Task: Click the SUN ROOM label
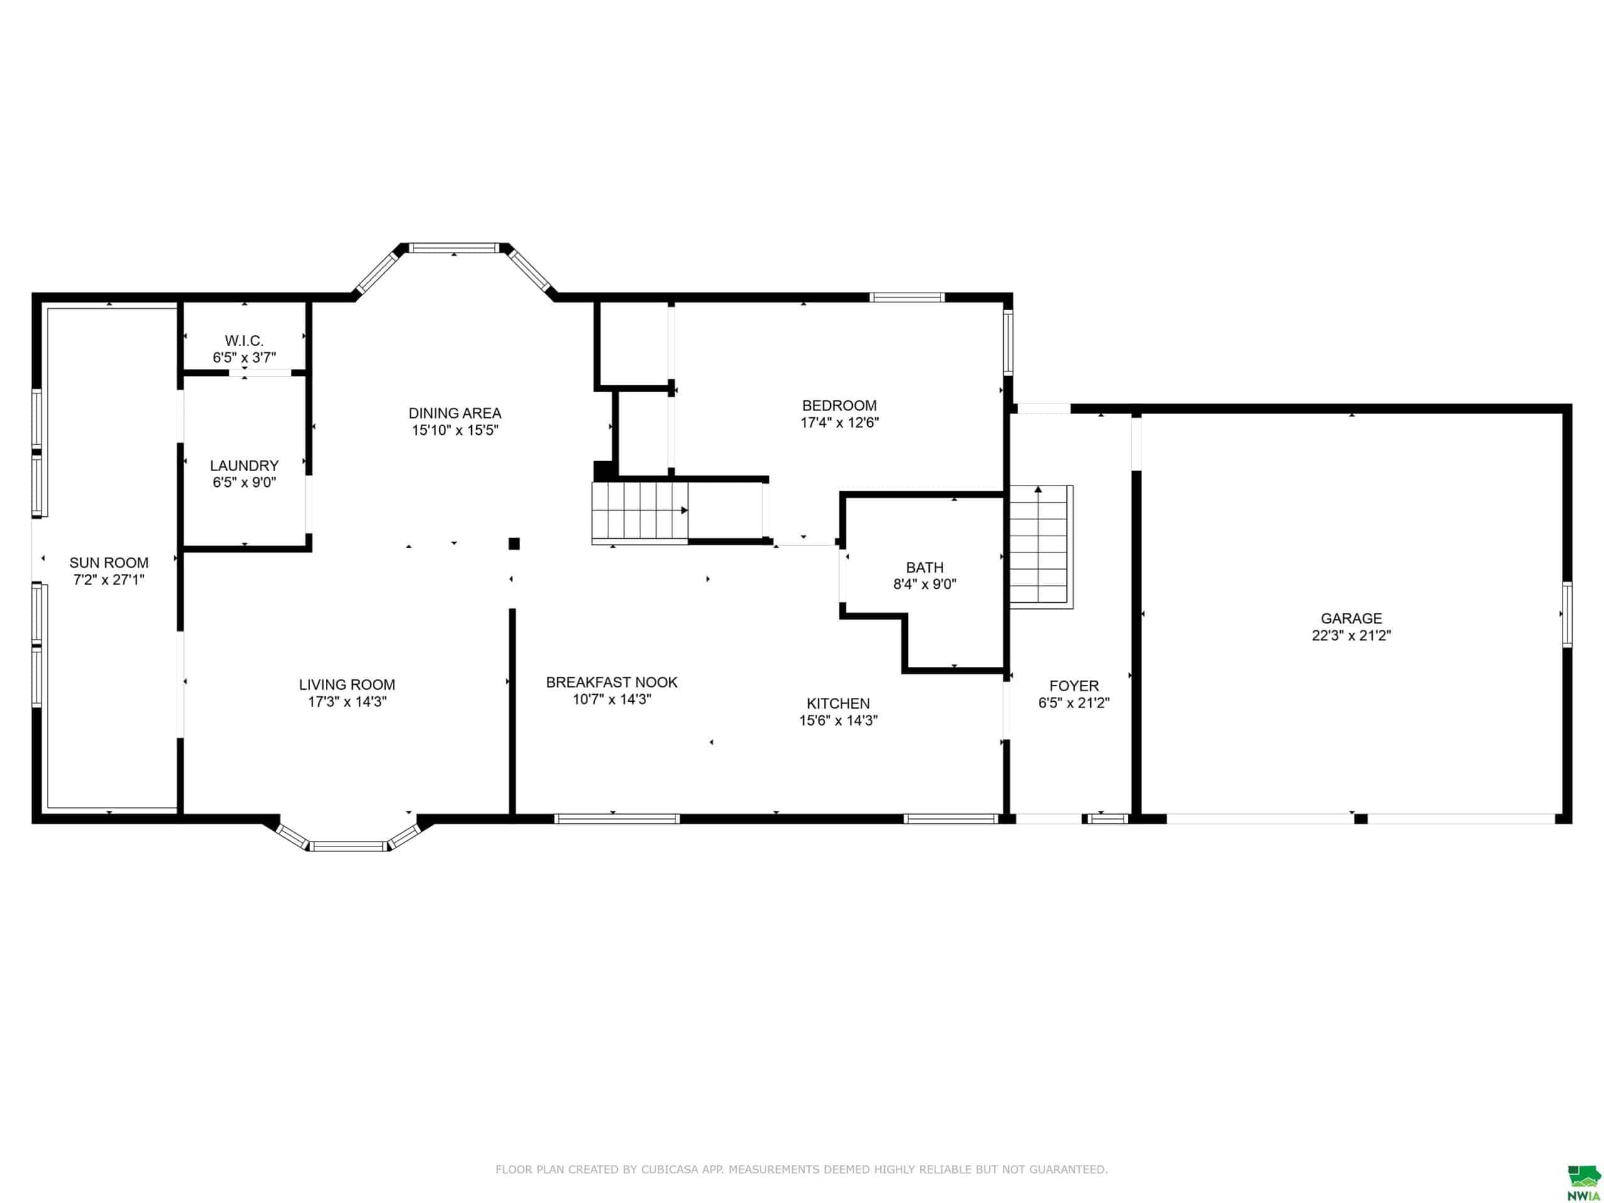[x=109, y=563]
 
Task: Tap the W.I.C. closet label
[x=244, y=341]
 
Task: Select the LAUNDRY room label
[x=244, y=466]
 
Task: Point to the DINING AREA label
[x=455, y=414]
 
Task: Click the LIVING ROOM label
[x=347, y=685]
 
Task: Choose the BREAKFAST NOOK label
[x=612, y=682]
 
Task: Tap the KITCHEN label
[x=838, y=704]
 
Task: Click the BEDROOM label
[x=840, y=406]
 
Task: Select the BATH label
[x=925, y=568]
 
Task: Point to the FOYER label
[x=1074, y=686]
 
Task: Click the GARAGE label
[x=1351, y=618]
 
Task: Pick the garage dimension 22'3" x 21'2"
[x=1351, y=636]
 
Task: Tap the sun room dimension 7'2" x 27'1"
[x=109, y=580]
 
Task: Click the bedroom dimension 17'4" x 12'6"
[x=840, y=423]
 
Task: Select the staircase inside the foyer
[x=1041, y=547]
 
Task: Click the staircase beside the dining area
[x=640, y=512]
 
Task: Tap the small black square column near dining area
[x=514, y=543]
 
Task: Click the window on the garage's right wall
[x=1567, y=614]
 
